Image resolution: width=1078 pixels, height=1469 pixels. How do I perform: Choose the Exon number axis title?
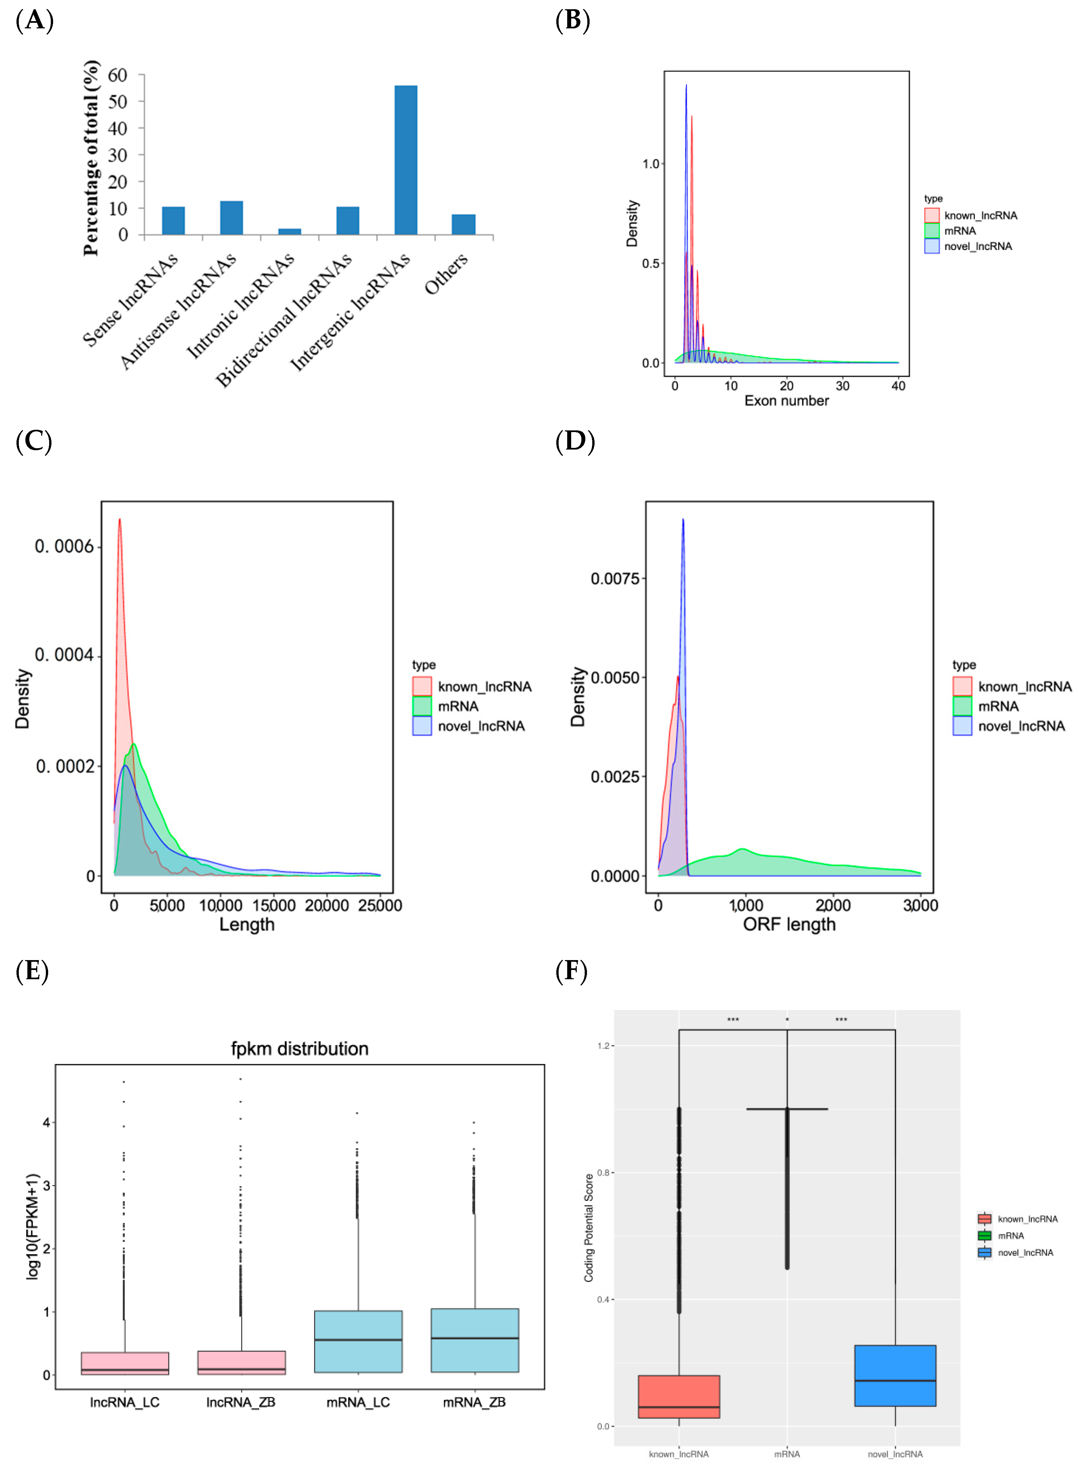click(x=786, y=401)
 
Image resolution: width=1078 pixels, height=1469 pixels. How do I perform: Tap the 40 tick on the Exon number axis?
click(x=899, y=386)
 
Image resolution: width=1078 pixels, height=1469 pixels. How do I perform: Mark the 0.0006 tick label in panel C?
click(x=64, y=546)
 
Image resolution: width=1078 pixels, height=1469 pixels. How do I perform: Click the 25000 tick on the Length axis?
click(x=380, y=905)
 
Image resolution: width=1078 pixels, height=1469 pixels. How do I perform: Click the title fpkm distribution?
click(x=299, y=1049)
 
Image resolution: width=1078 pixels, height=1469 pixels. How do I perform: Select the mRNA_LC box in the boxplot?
click(x=357, y=1341)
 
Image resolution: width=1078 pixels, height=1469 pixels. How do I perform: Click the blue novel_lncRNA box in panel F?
click(x=895, y=1376)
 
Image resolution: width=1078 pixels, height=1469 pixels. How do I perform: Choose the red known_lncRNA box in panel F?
click(x=679, y=1396)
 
